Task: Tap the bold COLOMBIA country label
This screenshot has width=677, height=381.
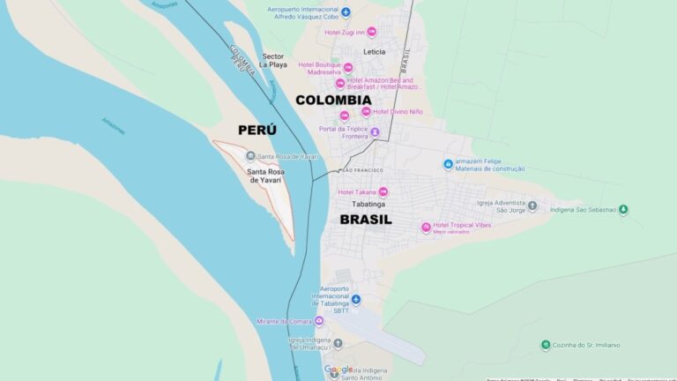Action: [333, 100]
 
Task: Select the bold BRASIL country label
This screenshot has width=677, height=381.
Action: [366, 220]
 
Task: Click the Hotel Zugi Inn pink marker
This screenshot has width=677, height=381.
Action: [371, 32]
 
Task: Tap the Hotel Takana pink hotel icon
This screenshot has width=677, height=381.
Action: [383, 191]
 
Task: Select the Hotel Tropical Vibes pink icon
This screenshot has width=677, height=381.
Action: [426, 227]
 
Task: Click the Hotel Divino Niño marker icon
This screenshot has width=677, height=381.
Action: [366, 112]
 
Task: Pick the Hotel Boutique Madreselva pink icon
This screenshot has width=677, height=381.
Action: [348, 68]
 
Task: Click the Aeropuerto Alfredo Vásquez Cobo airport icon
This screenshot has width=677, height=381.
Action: [346, 12]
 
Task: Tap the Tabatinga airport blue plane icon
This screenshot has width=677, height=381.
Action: [356, 300]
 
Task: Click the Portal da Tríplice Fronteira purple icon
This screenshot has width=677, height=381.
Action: [374, 132]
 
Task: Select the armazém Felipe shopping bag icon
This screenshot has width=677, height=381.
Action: [448, 164]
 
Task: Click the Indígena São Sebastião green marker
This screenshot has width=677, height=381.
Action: [623, 210]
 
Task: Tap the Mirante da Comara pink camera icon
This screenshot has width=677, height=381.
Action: [319, 320]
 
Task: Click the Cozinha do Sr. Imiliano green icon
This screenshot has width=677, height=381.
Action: [547, 345]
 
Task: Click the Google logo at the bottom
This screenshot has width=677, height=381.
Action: [338, 370]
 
